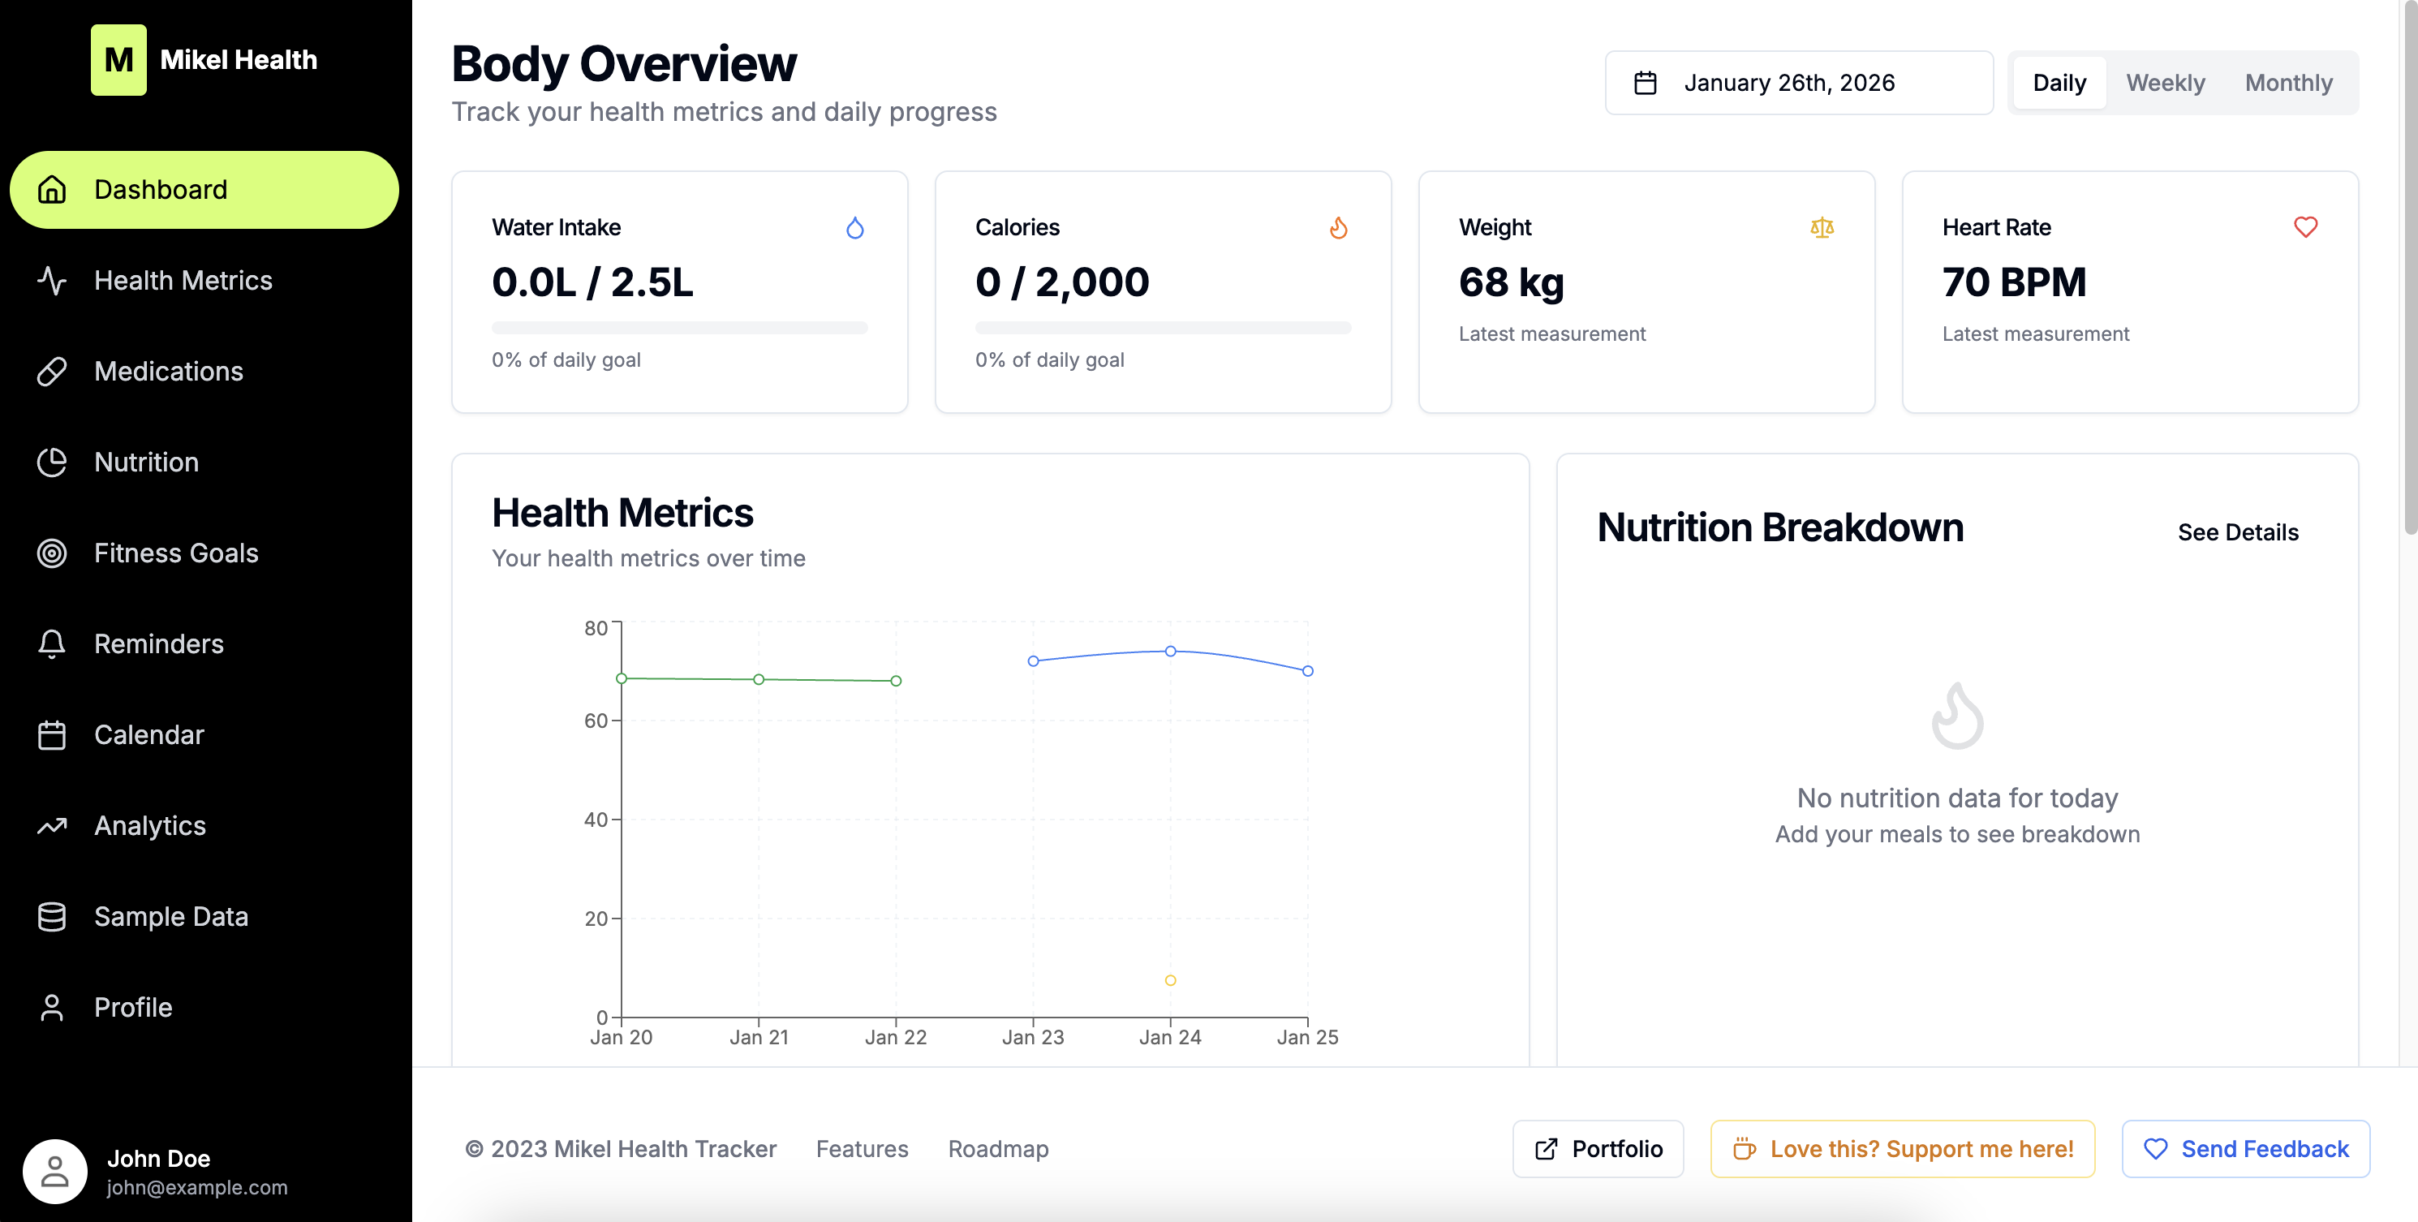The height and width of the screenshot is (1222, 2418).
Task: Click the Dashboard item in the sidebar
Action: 204,190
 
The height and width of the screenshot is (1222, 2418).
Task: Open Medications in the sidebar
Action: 168,372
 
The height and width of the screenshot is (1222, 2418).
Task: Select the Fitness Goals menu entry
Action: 175,553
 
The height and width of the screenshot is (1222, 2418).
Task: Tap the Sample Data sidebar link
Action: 171,916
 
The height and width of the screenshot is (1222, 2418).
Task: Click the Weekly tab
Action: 2165,83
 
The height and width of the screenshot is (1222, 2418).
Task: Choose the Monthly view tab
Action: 2287,83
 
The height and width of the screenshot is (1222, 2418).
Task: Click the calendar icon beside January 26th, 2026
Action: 1645,83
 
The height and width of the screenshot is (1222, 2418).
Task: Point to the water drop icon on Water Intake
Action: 854,228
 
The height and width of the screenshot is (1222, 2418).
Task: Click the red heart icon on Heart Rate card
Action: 2304,227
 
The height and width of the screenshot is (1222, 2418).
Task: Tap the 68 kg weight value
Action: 1510,282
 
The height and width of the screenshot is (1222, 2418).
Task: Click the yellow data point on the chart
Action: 1169,980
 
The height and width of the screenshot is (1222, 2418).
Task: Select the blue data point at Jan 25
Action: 1306,671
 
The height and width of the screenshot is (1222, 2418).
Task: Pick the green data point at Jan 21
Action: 759,679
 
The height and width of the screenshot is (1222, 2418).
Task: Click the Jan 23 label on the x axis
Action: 1033,1037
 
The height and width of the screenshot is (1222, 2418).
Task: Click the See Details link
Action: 2237,532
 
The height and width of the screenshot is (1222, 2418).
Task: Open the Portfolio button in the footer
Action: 1598,1149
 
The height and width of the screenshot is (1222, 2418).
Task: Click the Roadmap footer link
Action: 998,1149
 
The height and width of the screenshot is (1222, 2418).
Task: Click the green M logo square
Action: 118,60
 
